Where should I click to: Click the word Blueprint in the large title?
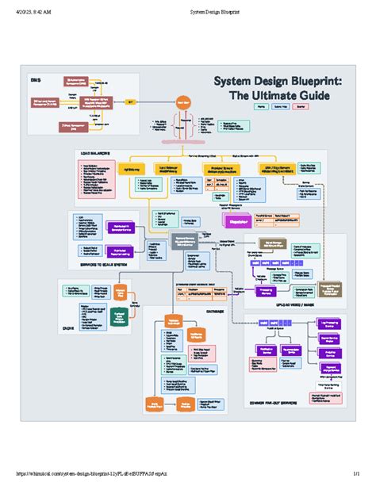[x=315, y=82]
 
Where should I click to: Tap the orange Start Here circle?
[x=184, y=101]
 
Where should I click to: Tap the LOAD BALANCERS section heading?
[x=94, y=152]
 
